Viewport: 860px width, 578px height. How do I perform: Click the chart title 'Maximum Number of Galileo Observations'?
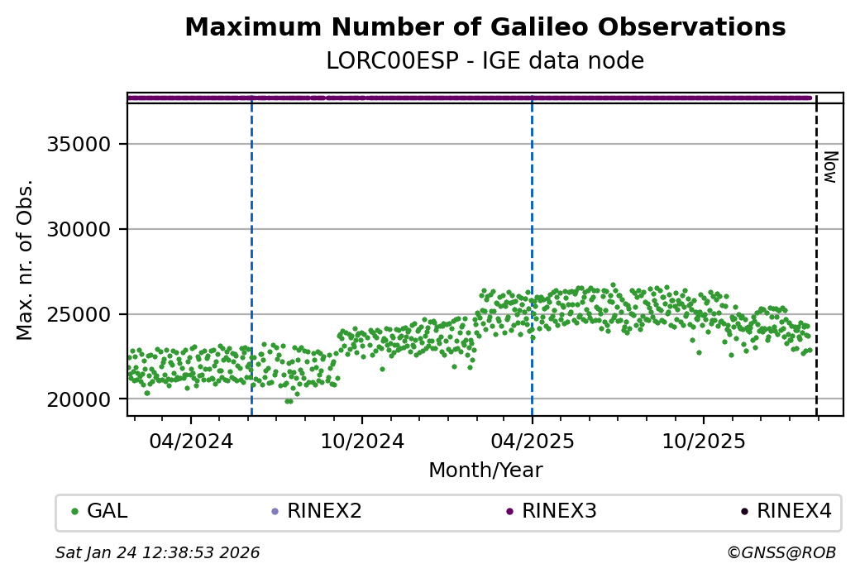click(x=485, y=27)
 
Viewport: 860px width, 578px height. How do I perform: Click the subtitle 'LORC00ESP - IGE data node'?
click(x=485, y=61)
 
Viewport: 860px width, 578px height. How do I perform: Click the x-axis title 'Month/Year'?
click(x=485, y=471)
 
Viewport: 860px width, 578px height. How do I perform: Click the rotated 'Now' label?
click(x=830, y=167)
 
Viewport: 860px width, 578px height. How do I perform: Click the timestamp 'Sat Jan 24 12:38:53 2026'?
click(x=157, y=552)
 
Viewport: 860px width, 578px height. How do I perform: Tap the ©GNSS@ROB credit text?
click(x=781, y=552)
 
